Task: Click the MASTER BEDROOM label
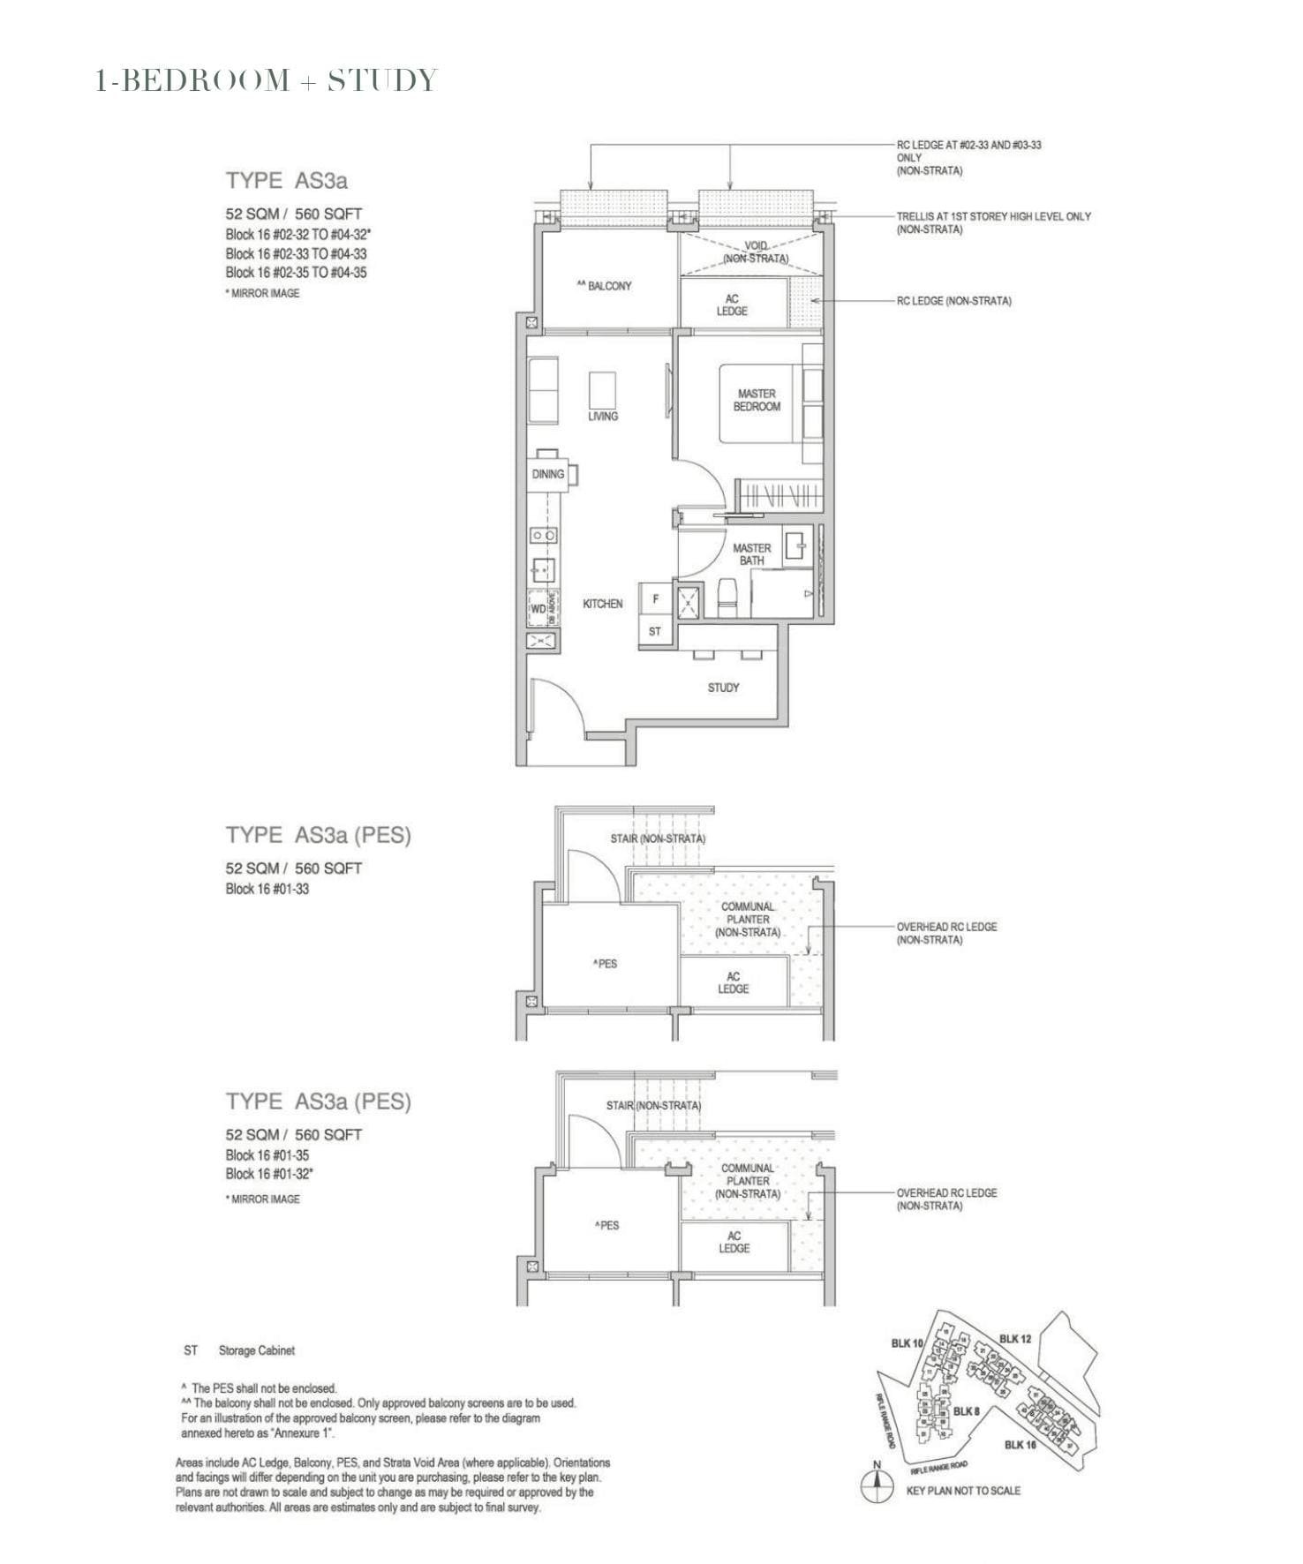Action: pyautogui.click(x=757, y=400)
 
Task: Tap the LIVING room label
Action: pyautogui.click(x=603, y=416)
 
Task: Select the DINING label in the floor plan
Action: pyautogui.click(x=547, y=474)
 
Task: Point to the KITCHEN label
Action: pyautogui.click(x=602, y=604)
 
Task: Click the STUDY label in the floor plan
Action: pyautogui.click(x=723, y=688)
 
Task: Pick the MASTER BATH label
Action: pyautogui.click(x=751, y=554)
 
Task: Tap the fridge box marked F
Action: pyautogui.click(x=655, y=598)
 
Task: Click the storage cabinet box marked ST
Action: pyautogui.click(x=654, y=631)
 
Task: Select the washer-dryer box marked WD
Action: pyautogui.click(x=538, y=608)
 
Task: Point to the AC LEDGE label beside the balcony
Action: pyautogui.click(x=732, y=305)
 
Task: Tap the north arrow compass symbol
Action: pyautogui.click(x=877, y=1488)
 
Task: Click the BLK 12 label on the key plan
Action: pyautogui.click(x=1015, y=1339)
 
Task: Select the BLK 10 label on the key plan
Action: pyautogui.click(x=907, y=1343)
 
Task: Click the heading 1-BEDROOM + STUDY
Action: pyautogui.click(x=266, y=80)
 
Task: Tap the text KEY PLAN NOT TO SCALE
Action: pyautogui.click(x=963, y=1491)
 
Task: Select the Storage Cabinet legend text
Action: pyautogui.click(x=256, y=1350)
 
